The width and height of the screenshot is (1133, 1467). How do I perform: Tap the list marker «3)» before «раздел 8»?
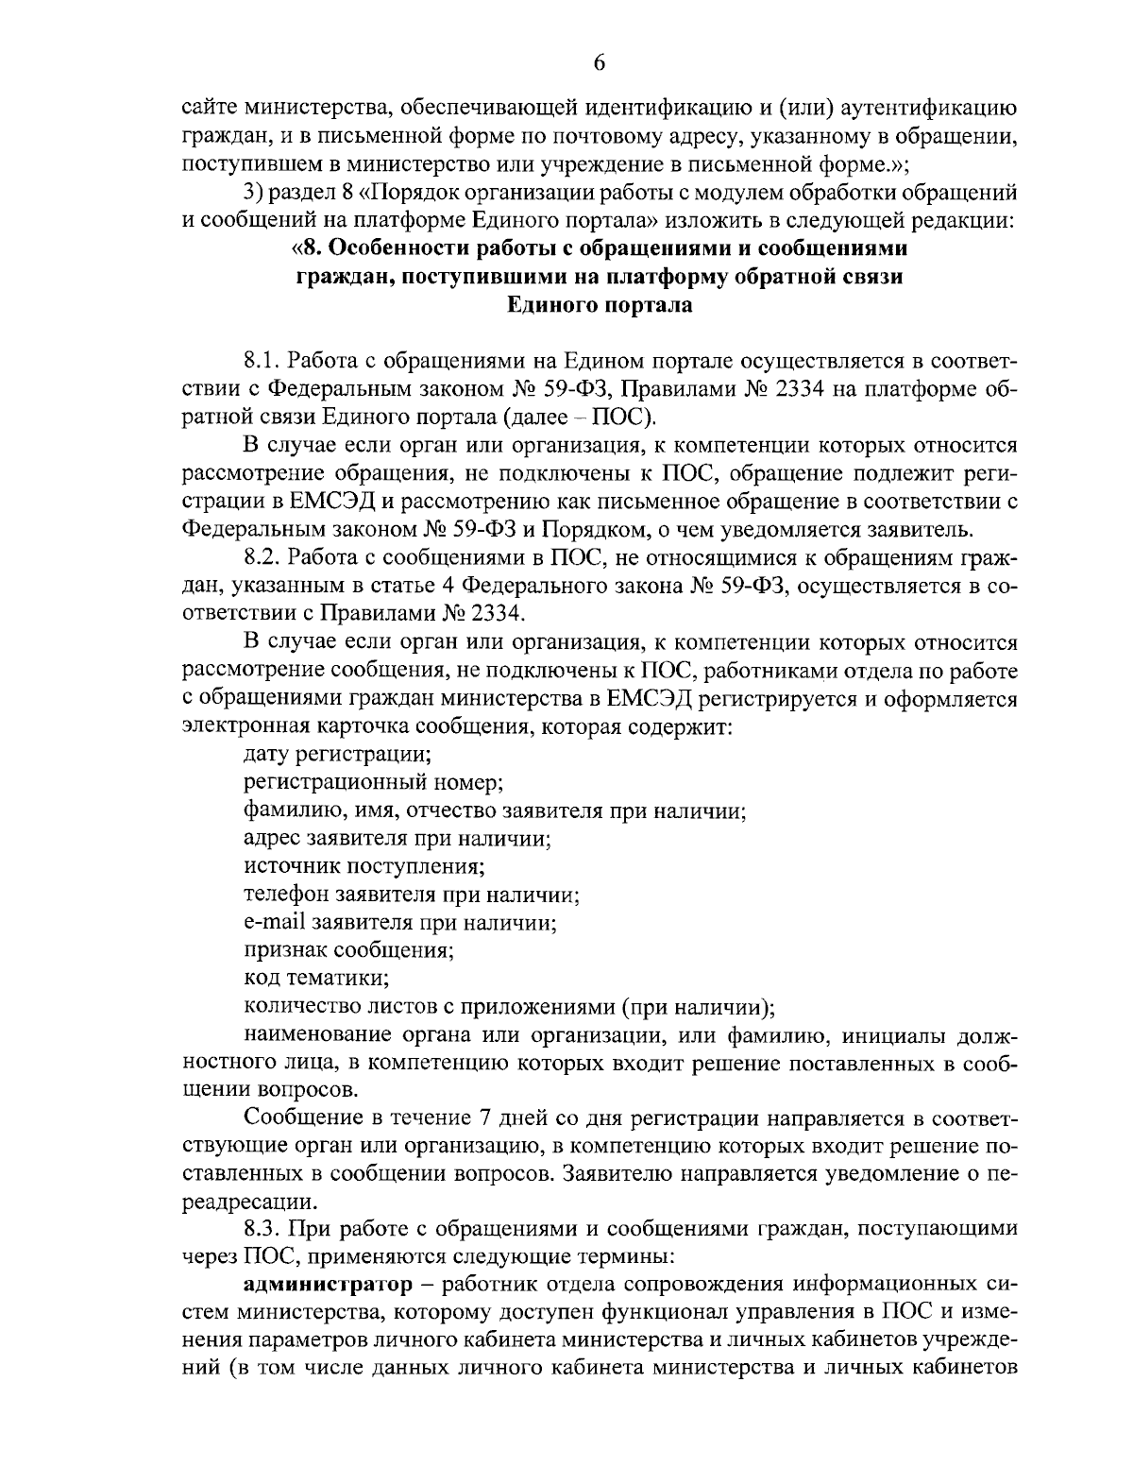click(x=255, y=194)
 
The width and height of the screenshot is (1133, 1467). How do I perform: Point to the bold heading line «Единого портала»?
click(x=600, y=304)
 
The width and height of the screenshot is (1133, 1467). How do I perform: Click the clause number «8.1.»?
click(x=262, y=361)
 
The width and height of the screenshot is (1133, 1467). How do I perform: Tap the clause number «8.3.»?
click(x=262, y=1229)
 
